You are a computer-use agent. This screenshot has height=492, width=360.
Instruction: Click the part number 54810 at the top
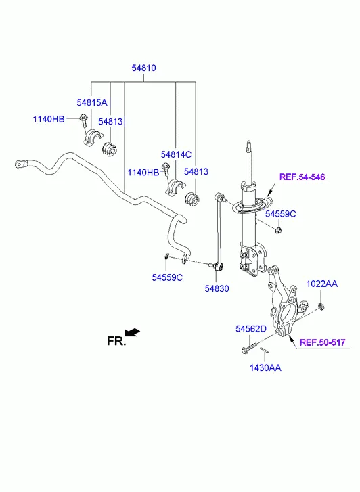tap(143, 68)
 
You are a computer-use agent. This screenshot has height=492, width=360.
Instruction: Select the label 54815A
tap(91, 102)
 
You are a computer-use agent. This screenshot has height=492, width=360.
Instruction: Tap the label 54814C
tap(176, 155)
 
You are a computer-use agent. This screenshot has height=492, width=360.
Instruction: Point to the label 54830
tap(217, 288)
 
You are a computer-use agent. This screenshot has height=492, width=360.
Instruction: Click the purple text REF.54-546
tap(302, 177)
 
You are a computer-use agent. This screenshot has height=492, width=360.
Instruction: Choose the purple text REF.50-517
tap(322, 342)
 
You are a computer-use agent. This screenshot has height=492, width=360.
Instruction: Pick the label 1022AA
tap(321, 284)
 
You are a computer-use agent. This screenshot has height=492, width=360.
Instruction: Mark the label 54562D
tap(251, 328)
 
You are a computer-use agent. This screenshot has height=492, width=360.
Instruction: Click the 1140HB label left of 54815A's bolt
tap(49, 120)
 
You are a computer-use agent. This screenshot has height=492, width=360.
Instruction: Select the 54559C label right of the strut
tap(280, 214)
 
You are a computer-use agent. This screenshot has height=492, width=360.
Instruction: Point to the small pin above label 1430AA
tap(265, 352)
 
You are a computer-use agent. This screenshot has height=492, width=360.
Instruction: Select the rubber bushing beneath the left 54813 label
tap(108, 148)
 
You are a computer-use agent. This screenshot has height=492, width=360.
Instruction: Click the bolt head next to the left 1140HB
tap(81, 120)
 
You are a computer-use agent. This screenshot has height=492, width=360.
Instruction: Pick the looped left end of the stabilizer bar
tap(20, 163)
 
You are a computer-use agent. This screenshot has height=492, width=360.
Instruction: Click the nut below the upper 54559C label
tap(279, 231)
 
